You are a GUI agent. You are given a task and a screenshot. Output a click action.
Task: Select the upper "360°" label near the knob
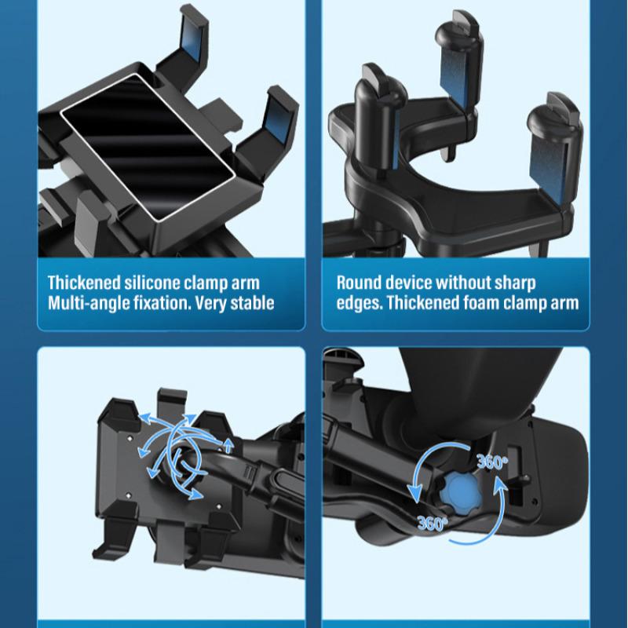pos(491,462)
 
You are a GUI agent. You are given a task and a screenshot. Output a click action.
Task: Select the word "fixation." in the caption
pos(172,303)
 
